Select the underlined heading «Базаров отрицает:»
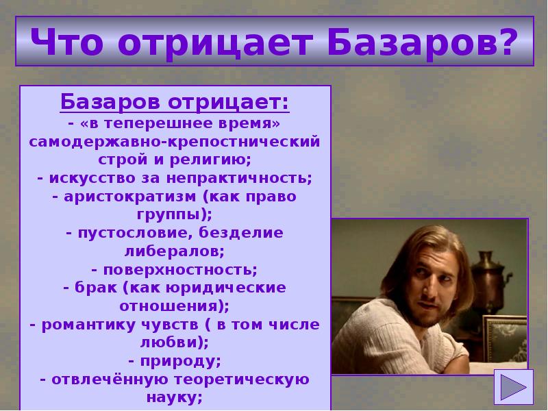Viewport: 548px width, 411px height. click(x=175, y=103)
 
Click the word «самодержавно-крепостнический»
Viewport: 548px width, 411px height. click(x=175, y=142)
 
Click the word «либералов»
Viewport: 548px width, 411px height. click(x=175, y=250)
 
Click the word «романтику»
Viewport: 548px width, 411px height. click(x=94, y=323)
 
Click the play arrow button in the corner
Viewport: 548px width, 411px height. click(x=512, y=388)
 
